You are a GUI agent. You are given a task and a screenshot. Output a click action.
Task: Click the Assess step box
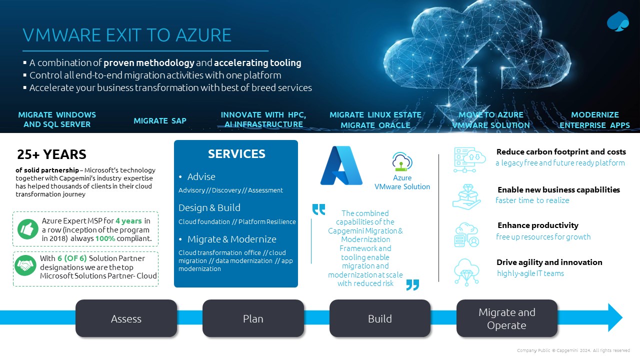click(x=126, y=318)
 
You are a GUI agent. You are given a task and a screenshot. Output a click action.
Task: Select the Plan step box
click(x=253, y=318)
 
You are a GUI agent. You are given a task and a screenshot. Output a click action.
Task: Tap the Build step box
click(x=380, y=318)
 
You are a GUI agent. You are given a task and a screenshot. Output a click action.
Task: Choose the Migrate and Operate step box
click(x=507, y=318)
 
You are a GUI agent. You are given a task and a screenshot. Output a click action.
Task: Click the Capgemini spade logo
click(x=618, y=21)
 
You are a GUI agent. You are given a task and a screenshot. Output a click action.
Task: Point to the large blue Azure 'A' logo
click(x=341, y=165)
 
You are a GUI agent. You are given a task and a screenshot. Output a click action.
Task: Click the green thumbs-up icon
click(x=27, y=229)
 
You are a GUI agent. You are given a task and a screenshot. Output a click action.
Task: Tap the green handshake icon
click(x=25, y=265)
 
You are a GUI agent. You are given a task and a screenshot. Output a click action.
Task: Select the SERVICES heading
click(x=236, y=154)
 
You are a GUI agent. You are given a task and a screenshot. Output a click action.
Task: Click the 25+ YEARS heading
click(x=51, y=154)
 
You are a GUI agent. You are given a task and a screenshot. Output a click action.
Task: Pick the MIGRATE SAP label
click(x=160, y=120)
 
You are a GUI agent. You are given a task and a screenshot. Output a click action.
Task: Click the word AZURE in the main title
click(x=203, y=35)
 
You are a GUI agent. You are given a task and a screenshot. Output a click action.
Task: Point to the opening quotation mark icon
click(x=318, y=209)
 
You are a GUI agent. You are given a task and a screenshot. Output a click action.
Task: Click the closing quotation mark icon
click(x=412, y=285)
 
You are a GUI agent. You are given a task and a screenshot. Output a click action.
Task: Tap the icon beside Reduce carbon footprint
click(x=469, y=160)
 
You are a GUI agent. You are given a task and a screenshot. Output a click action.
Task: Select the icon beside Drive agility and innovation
click(x=466, y=272)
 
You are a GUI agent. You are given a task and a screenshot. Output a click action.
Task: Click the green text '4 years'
click(x=128, y=221)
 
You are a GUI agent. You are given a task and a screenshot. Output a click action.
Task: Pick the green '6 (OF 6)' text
click(x=72, y=258)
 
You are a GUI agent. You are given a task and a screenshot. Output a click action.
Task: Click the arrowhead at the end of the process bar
click(x=615, y=317)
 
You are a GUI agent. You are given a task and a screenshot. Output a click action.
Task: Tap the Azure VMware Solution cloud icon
click(x=401, y=161)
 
